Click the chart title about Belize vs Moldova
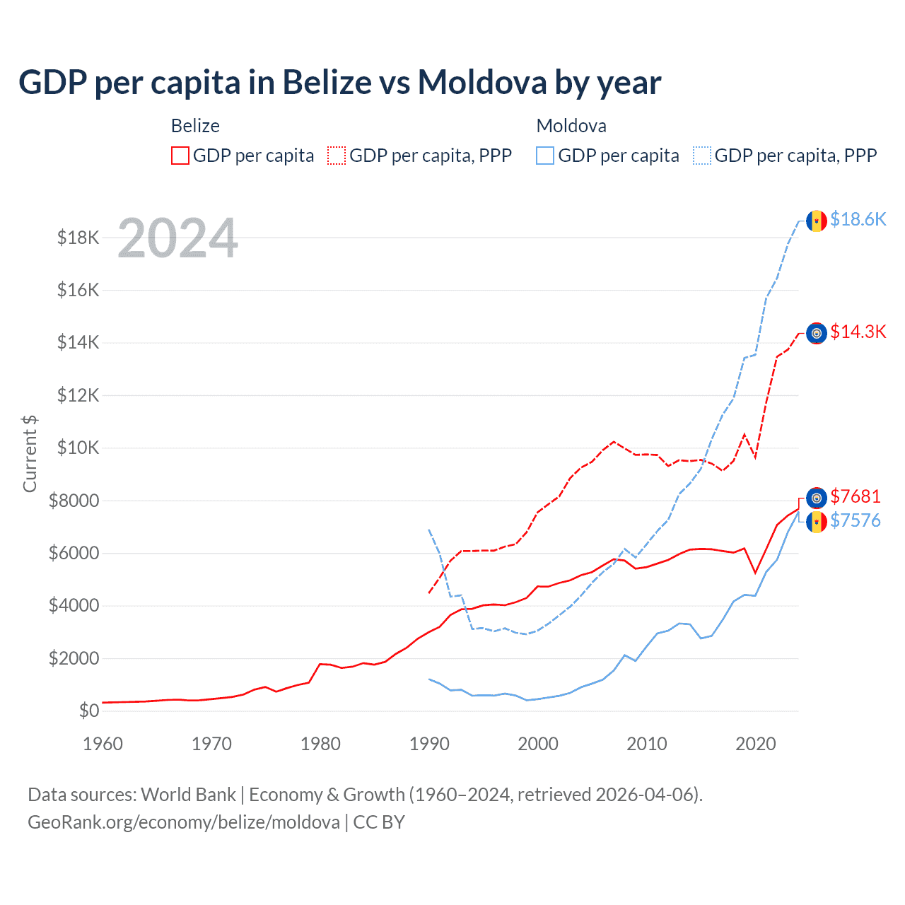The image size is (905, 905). tap(339, 83)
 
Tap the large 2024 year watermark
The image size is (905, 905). tap(177, 238)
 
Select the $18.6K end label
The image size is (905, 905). tap(858, 219)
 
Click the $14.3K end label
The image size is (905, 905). tap(858, 332)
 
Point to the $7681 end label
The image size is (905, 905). tap(856, 496)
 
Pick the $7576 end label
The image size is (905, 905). tap(856, 521)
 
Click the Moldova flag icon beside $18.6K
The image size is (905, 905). tap(817, 221)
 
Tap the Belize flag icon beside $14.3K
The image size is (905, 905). tap(817, 333)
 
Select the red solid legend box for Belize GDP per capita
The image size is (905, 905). tap(180, 156)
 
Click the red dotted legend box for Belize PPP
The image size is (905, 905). tap(337, 156)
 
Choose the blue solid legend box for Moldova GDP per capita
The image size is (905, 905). tap(545, 156)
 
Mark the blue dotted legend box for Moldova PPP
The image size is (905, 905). tap(702, 156)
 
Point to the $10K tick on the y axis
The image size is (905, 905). tap(78, 448)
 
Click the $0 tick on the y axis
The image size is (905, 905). tap(88, 711)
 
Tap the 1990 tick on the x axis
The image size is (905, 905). tap(429, 744)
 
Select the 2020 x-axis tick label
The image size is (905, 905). tap(755, 744)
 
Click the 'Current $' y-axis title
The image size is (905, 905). tap(30, 453)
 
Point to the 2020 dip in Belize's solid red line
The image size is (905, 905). tap(755, 572)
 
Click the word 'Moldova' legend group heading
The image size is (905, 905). tap(571, 126)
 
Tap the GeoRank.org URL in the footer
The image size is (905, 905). tap(184, 822)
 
